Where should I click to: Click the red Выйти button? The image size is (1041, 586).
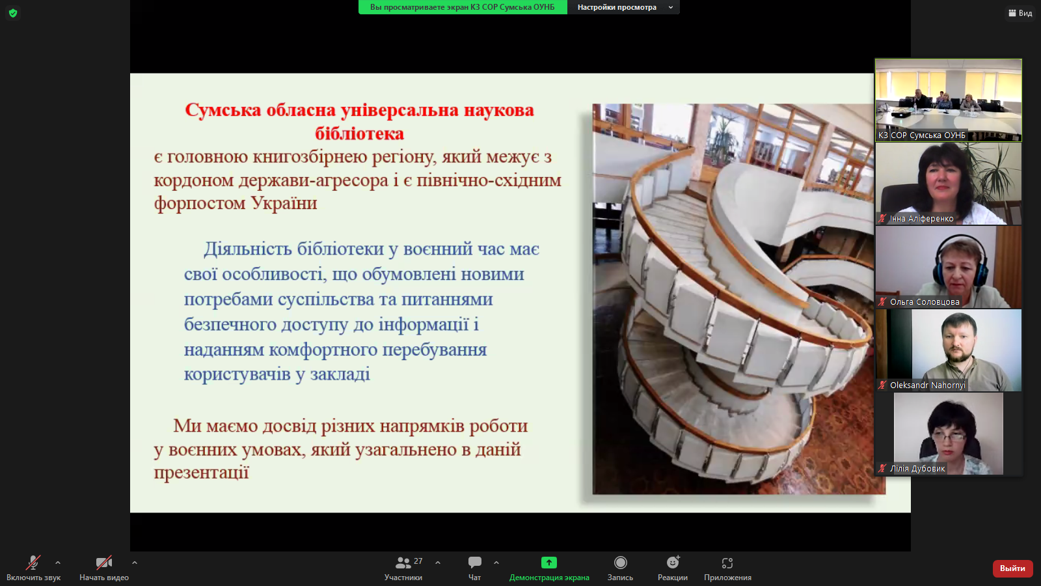1012,568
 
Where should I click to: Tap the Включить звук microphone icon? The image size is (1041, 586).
33,563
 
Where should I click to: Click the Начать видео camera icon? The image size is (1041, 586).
103,563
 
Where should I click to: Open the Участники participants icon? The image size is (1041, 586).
403,563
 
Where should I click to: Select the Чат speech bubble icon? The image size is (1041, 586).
474,563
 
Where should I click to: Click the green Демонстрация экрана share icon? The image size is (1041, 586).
549,563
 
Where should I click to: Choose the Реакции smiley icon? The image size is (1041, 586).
673,563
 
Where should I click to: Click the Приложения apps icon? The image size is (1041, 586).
727,563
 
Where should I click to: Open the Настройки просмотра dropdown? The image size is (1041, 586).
623,7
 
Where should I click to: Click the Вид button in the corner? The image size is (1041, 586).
1021,13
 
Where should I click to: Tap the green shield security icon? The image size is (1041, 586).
13,13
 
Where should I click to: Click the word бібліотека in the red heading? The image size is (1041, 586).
359,133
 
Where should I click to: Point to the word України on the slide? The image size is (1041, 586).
284,202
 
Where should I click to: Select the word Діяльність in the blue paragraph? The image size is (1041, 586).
247,249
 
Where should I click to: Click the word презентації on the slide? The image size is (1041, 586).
202,473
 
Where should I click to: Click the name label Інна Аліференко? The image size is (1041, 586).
921,219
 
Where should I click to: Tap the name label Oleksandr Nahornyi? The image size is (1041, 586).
927,385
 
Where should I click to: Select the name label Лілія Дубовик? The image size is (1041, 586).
917,468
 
